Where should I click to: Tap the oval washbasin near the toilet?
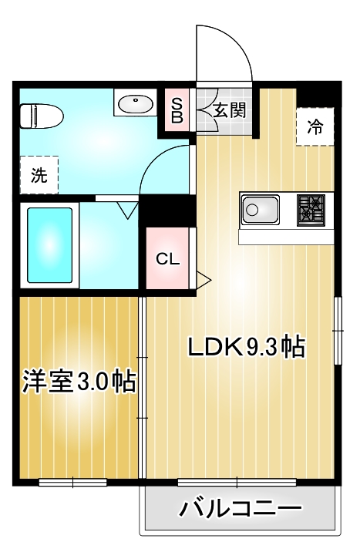(x=136, y=103)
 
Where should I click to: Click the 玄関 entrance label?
(x=229, y=110)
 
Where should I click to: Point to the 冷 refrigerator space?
(x=315, y=125)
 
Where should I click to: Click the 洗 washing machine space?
(x=39, y=175)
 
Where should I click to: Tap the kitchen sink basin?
(x=261, y=209)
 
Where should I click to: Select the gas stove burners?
(x=312, y=208)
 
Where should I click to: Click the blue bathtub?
(x=50, y=244)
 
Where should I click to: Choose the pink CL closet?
(x=168, y=259)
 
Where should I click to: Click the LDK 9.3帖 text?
(x=247, y=348)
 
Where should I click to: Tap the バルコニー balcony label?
(x=240, y=510)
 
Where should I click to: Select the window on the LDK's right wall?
(x=336, y=330)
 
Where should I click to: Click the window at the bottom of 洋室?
(x=72, y=483)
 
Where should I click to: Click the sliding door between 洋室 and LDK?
(x=143, y=386)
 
